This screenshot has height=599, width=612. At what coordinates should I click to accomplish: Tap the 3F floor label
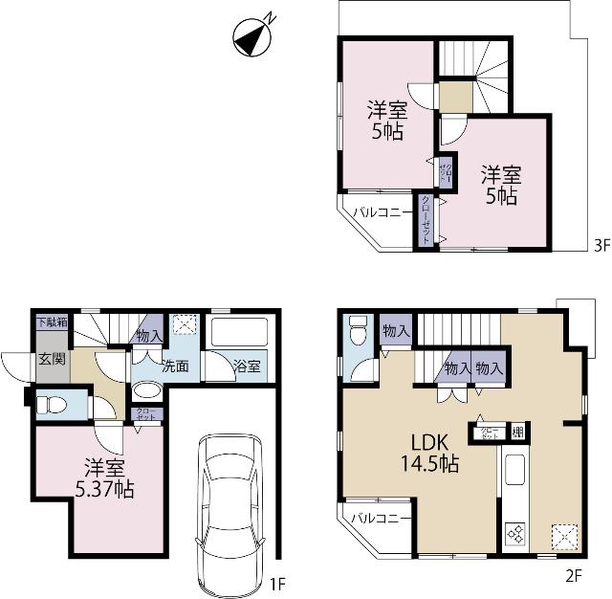pyautogui.click(x=601, y=245)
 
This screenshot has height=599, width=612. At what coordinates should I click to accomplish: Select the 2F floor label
pyautogui.click(x=574, y=575)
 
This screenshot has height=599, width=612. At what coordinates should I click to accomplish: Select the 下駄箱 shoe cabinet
pyautogui.click(x=53, y=322)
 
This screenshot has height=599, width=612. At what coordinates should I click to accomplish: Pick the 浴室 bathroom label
pyautogui.click(x=247, y=366)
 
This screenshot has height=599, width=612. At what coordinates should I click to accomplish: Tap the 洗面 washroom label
pyautogui.click(x=173, y=366)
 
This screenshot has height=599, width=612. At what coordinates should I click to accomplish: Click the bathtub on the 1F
pyautogui.click(x=239, y=332)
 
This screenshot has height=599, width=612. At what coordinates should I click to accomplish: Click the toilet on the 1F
pyautogui.click(x=53, y=406)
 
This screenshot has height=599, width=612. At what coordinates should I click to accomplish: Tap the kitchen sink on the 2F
pyautogui.click(x=513, y=472)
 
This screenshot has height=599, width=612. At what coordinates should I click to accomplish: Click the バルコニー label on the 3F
pyautogui.click(x=382, y=211)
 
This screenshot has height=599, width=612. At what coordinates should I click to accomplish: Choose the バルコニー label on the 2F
pyautogui.click(x=380, y=519)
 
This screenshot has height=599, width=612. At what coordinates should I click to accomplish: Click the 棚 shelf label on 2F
pyautogui.click(x=517, y=431)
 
